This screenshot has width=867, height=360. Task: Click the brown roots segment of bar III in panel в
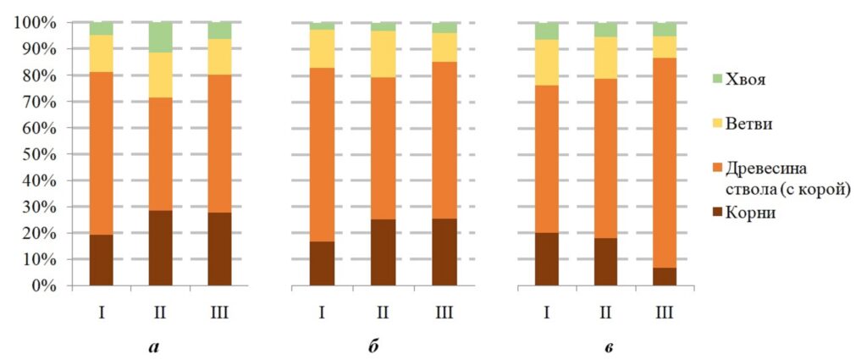tap(665, 276)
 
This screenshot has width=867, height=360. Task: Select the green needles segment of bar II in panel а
tap(161, 36)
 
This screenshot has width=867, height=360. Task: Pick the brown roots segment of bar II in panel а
tap(161, 247)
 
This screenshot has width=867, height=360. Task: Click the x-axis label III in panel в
tap(665, 313)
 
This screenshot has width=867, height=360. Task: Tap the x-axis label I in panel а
tap(101, 313)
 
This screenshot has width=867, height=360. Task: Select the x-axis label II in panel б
tap(383, 313)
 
